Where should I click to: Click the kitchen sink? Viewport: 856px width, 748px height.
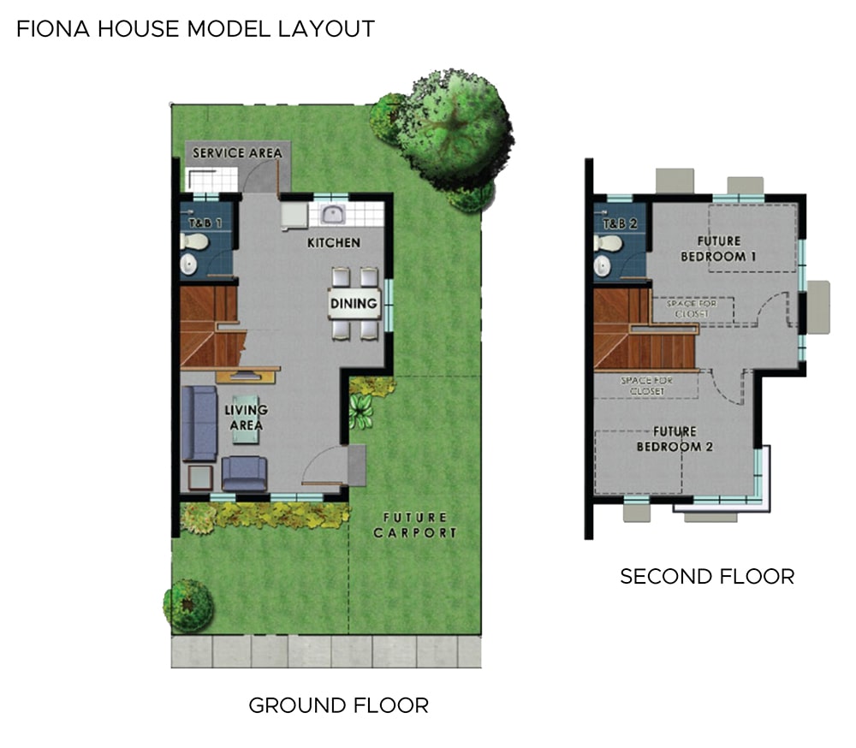click(332, 215)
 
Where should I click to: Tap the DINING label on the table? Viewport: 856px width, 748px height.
click(354, 303)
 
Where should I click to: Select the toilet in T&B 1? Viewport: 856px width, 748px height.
click(193, 240)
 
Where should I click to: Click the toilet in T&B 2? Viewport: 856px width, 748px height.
click(608, 242)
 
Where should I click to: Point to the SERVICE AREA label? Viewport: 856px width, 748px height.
click(237, 153)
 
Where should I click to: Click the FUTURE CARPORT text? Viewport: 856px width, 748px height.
click(415, 525)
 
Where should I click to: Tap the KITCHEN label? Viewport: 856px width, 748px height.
click(334, 242)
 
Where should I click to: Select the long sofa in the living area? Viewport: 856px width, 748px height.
click(199, 424)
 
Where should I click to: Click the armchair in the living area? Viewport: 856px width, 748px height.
click(244, 473)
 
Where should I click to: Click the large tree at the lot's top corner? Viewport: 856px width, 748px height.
click(443, 136)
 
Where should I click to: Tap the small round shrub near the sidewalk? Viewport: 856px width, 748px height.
click(187, 605)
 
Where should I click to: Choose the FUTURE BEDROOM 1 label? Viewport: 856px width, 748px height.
click(718, 248)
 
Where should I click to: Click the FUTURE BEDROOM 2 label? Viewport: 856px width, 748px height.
click(675, 439)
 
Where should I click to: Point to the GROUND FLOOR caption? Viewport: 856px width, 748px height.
click(338, 706)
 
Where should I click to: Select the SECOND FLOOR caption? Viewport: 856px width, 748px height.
click(707, 577)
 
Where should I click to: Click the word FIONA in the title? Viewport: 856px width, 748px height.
click(53, 29)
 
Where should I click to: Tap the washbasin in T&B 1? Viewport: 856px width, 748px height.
click(189, 264)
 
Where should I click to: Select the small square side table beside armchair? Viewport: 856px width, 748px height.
click(200, 478)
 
